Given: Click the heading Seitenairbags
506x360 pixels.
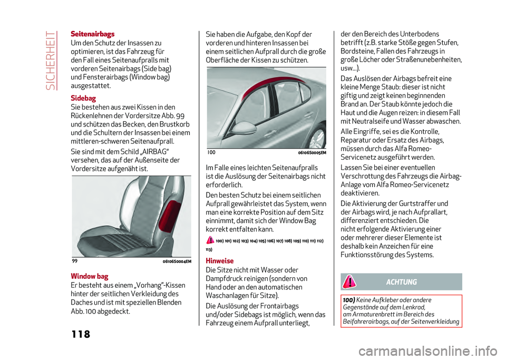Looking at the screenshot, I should click(92, 34).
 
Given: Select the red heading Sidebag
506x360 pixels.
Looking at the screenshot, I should click(82, 98).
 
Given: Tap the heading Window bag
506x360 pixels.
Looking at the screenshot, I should click(89, 276).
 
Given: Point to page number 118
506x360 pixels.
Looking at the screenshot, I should click(80, 334).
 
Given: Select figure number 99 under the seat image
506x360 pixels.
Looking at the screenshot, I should click(74, 261).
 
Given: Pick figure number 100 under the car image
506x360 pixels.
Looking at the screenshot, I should click(211, 152).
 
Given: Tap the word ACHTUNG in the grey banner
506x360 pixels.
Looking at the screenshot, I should click(401, 282).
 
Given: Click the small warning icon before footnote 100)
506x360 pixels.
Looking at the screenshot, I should click(210, 240).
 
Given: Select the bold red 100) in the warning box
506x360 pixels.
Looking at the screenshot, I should click(349, 299).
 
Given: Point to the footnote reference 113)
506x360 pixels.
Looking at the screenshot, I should click(209, 249).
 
